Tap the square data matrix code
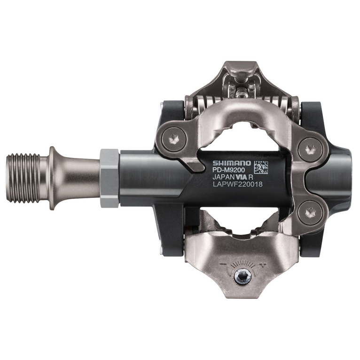point(261,166)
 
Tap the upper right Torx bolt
point(309,149)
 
